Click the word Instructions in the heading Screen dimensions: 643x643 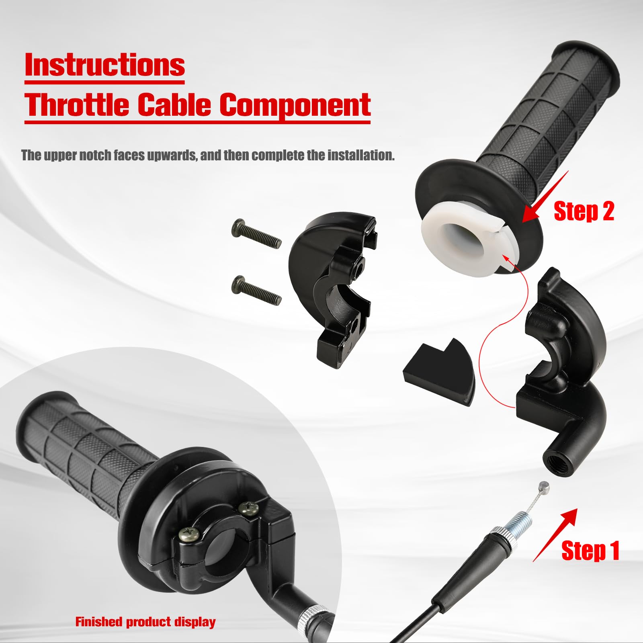tap(104, 65)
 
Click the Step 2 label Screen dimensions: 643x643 tap(584, 211)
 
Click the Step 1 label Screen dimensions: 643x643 tap(590, 551)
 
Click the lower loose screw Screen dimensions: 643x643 tap(256, 290)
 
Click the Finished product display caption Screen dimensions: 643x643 tap(145, 622)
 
